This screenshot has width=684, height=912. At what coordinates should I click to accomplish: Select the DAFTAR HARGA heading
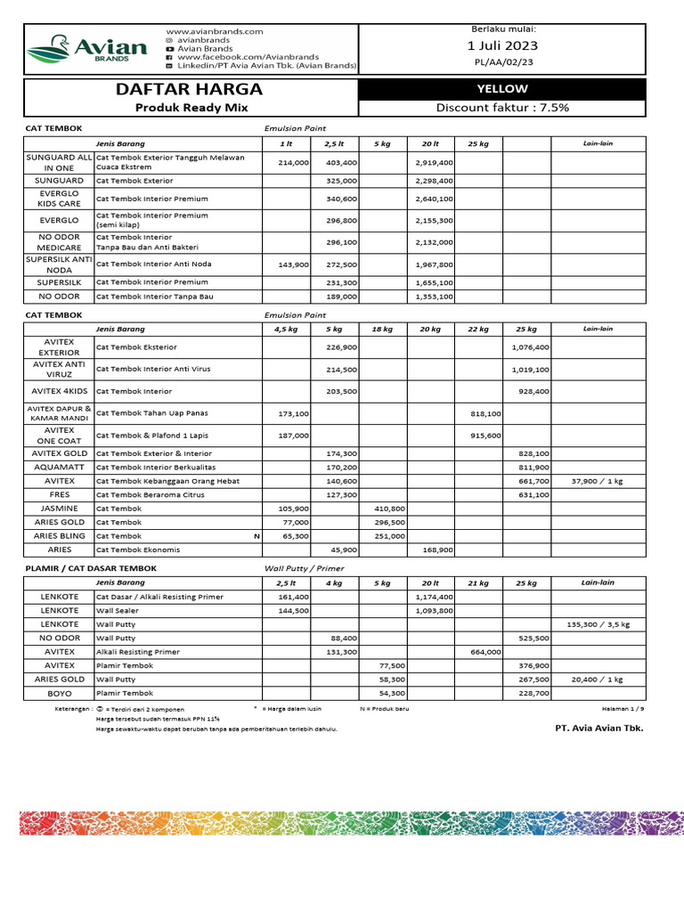(189, 89)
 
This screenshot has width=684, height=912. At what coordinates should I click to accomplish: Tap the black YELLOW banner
(502, 89)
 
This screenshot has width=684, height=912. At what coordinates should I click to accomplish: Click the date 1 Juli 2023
(502, 45)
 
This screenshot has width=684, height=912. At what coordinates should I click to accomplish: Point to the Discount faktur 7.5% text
(502, 108)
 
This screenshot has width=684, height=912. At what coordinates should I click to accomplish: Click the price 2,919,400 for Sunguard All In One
(434, 163)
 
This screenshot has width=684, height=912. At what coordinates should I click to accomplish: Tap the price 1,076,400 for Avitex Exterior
(530, 347)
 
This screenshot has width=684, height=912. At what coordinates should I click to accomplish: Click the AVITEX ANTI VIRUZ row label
(59, 370)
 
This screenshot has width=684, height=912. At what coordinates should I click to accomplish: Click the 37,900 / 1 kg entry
(599, 481)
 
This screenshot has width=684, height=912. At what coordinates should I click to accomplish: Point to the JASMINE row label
(59, 508)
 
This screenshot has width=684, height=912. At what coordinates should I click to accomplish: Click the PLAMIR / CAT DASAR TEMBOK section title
(91, 567)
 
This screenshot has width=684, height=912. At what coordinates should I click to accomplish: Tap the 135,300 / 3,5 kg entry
(598, 624)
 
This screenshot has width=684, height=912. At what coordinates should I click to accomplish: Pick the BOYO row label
(59, 693)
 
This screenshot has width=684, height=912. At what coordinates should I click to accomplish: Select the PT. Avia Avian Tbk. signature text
(598, 728)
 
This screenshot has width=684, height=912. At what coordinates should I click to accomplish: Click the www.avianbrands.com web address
(215, 31)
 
